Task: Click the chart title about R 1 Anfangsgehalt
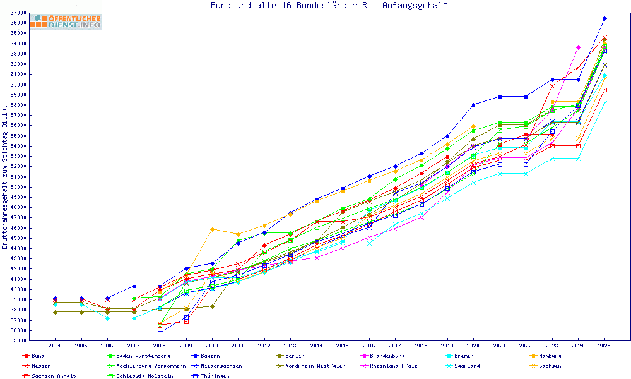pyautogui.click(x=329, y=6)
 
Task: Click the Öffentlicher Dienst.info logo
pyautogui.click(x=66, y=21)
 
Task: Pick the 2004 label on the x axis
pyautogui.click(x=55, y=346)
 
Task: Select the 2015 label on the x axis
pyautogui.click(x=342, y=346)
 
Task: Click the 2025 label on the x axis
pyautogui.click(x=604, y=346)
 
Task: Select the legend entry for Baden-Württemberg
pyautogui.click(x=134, y=356)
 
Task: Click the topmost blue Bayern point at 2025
pyautogui.click(x=604, y=19)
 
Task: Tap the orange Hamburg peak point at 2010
pyautogui.click(x=212, y=229)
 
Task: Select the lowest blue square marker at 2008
pyautogui.click(x=160, y=333)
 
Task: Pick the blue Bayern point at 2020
pyautogui.click(x=473, y=105)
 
